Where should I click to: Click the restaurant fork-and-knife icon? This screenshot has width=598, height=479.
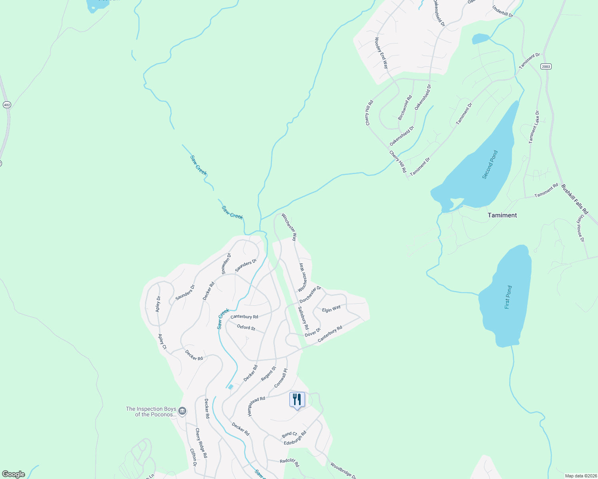[x=297, y=399]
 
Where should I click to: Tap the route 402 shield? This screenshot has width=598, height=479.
[x=7, y=105]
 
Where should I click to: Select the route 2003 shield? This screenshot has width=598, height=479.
[x=546, y=66]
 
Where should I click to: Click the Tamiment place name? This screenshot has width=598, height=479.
[x=502, y=215]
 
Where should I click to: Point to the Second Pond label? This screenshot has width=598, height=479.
[x=490, y=164]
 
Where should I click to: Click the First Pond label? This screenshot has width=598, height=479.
[x=508, y=297]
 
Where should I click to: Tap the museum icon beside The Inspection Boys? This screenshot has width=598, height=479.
[x=182, y=411]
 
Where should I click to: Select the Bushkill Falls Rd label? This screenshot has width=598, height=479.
[x=574, y=198]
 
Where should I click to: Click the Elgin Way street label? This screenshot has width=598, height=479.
[x=331, y=309]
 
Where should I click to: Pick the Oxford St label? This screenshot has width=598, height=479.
[x=246, y=327]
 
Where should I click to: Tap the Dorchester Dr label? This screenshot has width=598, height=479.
[x=310, y=294]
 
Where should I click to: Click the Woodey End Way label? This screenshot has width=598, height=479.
[x=381, y=53]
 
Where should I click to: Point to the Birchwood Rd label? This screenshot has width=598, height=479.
[x=405, y=108]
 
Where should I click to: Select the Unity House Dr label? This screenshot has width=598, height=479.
[x=580, y=228]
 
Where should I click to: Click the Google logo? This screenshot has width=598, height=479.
[x=13, y=474]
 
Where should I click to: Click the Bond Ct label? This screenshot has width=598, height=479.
[x=289, y=434]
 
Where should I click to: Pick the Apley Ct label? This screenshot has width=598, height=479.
[x=162, y=342]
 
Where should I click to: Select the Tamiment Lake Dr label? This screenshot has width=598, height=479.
[x=534, y=127]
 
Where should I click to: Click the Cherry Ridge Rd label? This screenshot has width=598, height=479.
[x=201, y=443]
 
